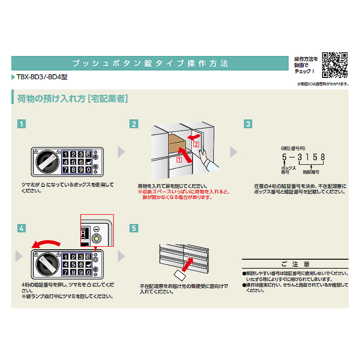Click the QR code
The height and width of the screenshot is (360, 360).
point(335,65)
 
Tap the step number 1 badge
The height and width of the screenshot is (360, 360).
point(22,124)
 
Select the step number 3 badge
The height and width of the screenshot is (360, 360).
point(248,124)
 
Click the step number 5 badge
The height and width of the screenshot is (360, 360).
point(134,228)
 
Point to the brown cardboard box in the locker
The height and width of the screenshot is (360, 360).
point(177,144)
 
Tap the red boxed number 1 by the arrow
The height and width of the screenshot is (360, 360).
point(179,160)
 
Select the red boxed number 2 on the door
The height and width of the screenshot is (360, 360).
point(196,144)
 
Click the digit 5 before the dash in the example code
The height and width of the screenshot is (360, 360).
point(284,157)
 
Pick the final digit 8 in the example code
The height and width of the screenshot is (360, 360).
point(323,157)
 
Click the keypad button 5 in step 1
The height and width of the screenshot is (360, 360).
point(73,162)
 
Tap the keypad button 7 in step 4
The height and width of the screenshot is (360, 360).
point(66,272)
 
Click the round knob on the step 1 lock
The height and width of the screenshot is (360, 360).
point(47,162)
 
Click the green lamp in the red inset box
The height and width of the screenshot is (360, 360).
point(96,238)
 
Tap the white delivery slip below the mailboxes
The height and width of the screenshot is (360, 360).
point(180,275)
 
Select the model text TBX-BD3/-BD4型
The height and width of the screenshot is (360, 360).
point(42,77)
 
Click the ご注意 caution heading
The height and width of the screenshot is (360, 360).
point(295,264)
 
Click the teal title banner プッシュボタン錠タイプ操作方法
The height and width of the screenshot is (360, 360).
point(150,63)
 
